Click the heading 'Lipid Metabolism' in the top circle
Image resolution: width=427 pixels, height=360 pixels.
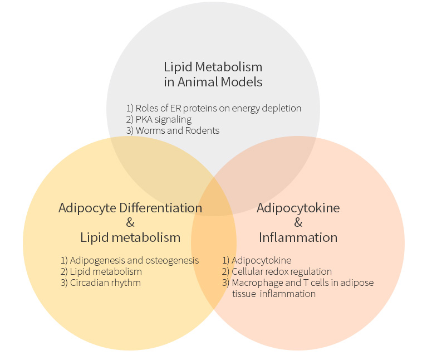pos(213,67)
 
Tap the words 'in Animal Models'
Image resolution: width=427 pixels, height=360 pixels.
pos(213,82)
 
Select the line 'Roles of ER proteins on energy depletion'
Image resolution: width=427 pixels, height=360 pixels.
pos(214,108)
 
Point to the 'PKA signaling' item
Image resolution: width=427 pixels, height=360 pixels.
pos(159,119)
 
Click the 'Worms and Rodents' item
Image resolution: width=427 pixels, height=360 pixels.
pos(173,130)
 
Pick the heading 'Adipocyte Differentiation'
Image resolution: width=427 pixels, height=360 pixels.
pos(130,208)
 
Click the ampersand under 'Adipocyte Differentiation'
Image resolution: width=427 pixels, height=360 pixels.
pos(130,223)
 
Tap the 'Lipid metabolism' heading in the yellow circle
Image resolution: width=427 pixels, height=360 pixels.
pos(130,237)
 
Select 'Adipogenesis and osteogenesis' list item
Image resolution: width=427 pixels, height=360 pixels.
pos(130,260)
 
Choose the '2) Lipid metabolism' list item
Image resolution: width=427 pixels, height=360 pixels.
pos(101,271)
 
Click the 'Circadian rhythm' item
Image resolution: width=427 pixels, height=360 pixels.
pos(101,283)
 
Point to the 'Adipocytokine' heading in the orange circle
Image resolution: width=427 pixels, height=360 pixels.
pos(298,208)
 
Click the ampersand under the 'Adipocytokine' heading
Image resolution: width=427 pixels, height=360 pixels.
pos(298,223)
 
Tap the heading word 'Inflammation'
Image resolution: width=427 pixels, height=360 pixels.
pos(298,237)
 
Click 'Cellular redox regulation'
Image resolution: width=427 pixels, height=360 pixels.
pos(277,271)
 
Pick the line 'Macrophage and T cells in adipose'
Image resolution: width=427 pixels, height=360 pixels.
pos(298,283)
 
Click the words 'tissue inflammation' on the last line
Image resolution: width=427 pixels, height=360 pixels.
pos(274,294)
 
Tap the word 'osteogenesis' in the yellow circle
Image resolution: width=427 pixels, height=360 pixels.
pos(173,260)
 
